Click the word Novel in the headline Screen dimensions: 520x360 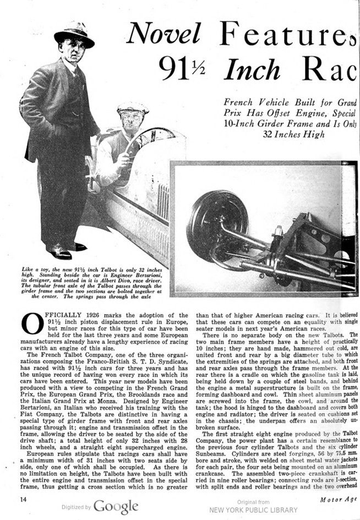[163, 34]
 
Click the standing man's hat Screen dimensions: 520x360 [74, 34]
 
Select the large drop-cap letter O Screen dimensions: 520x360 [32, 324]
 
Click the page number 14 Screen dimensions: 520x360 [24, 500]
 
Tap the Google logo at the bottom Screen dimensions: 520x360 [116, 506]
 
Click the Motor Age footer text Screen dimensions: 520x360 [337, 500]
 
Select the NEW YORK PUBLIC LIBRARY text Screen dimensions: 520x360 [253, 510]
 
